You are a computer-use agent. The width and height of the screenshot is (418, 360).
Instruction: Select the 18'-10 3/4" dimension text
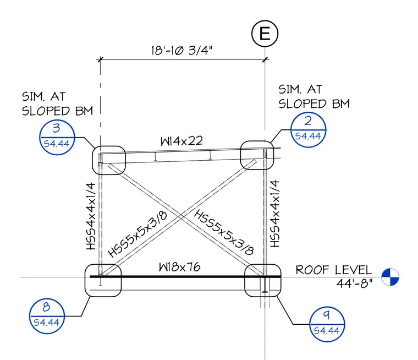(182, 50)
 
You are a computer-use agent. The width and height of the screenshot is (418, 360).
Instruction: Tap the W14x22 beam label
(182, 141)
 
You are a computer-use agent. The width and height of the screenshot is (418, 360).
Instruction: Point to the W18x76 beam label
(179, 267)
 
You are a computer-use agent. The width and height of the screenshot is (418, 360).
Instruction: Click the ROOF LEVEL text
(333, 270)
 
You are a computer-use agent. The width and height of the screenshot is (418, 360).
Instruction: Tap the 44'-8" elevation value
(354, 283)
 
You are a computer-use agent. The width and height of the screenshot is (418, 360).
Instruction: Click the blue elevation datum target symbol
(391, 277)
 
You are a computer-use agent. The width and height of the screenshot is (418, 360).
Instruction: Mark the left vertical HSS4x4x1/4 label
(91, 216)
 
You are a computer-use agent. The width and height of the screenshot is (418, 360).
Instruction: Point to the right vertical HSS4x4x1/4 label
(275, 214)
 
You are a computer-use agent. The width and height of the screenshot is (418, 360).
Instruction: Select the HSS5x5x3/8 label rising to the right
(137, 234)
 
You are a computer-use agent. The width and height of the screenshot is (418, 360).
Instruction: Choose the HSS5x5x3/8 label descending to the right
(224, 232)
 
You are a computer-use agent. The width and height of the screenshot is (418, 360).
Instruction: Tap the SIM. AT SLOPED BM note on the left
(57, 104)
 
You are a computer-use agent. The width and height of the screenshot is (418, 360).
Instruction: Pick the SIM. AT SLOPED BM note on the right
(314, 96)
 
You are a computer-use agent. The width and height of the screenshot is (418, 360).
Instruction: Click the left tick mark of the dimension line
(100, 59)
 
